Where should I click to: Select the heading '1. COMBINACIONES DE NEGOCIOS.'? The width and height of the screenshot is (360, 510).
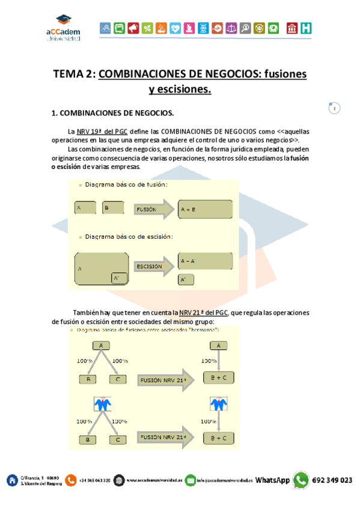[112, 112]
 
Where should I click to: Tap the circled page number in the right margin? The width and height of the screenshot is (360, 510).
[334, 108]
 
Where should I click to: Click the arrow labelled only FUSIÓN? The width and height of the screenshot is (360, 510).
[154, 209]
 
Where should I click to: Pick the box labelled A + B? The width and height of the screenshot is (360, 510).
[205, 209]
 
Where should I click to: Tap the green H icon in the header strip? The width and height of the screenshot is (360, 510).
[307, 28]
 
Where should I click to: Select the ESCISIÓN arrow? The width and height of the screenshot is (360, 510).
[154, 266]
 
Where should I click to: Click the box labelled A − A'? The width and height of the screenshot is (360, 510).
[205, 261]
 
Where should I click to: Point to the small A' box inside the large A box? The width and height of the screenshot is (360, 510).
[118, 278]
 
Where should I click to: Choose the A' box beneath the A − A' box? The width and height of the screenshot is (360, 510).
[186, 280]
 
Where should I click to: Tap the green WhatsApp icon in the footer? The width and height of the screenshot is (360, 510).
[301, 480]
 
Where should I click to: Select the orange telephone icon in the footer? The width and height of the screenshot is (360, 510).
[71, 480]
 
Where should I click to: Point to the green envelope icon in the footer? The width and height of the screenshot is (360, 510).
[191, 480]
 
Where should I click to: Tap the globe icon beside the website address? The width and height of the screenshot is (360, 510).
[119, 480]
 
